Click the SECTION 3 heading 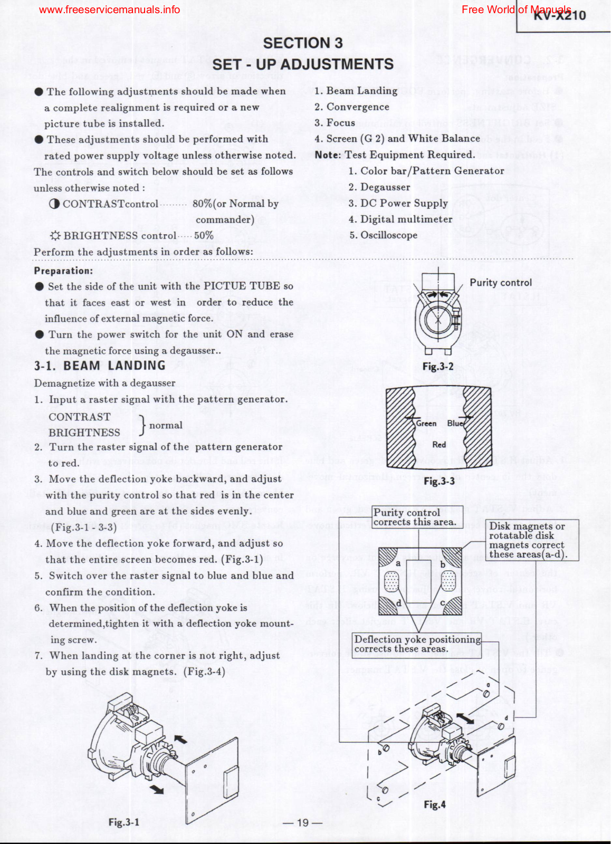(302, 43)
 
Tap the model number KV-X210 (559, 15)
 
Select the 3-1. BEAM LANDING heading (100, 366)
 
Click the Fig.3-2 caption (438, 366)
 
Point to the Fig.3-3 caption (439, 481)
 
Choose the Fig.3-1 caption (124, 822)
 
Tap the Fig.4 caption (435, 804)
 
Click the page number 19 (302, 822)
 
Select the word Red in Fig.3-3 (439, 445)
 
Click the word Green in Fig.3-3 (426, 424)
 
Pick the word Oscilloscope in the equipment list (389, 235)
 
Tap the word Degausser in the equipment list (385, 187)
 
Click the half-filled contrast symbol (54, 204)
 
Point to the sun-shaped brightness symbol (55, 236)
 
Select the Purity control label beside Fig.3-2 (501, 283)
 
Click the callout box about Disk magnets (532, 540)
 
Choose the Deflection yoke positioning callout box (417, 644)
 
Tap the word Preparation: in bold (63, 271)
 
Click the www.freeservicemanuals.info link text (109, 9)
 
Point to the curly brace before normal (142, 425)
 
